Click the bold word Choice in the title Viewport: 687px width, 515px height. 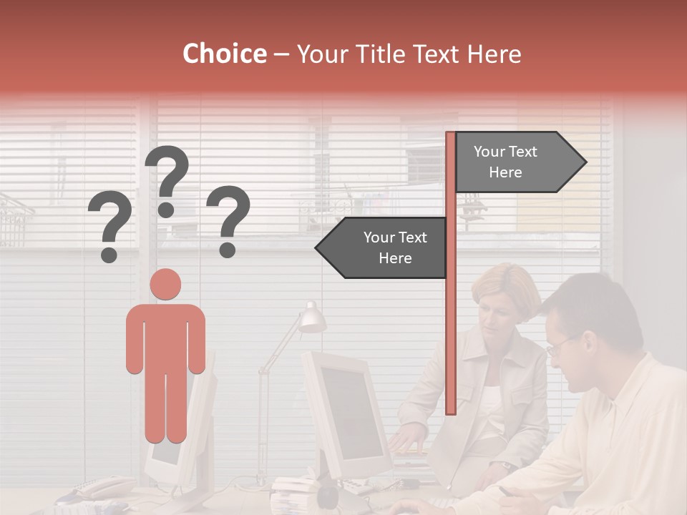pos(224,54)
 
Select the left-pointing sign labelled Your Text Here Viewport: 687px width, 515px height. pos(387,247)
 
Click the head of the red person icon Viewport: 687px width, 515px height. pos(166,284)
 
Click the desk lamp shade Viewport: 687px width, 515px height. pos(313,318)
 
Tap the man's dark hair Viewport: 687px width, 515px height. pos(594,308)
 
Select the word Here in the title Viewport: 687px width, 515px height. pos(494,54)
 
